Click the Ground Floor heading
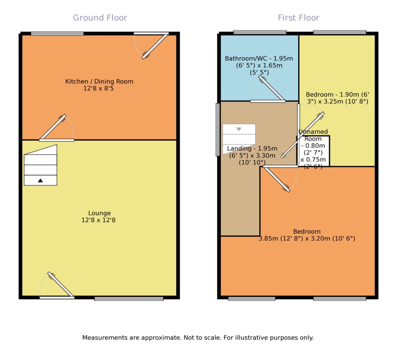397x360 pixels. (100, 18)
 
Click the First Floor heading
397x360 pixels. (298, 18)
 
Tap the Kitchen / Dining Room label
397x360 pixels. (99, 81)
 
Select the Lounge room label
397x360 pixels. (99, 213)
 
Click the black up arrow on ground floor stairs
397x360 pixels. (40, 180)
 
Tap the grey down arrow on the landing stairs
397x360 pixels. (239, 129)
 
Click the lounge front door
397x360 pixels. (60, 285)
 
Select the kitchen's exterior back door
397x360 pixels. (155, 46)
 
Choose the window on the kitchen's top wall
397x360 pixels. (57, 33)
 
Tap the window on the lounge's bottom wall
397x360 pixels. (129, 299)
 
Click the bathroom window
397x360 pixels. (260, 32)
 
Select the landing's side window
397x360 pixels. (218, 129)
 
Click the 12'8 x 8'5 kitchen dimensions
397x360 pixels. (99, 89)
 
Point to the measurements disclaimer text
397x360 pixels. (198, 338)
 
